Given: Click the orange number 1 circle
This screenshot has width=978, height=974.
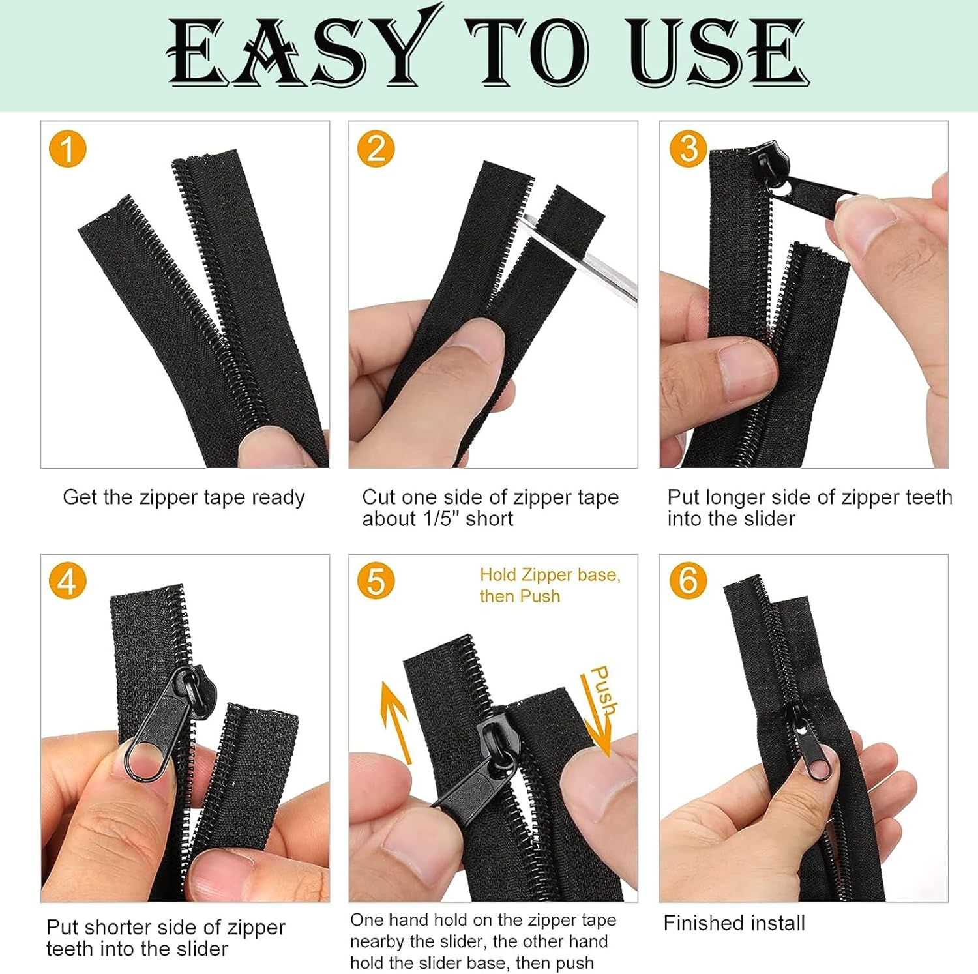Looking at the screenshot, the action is click(68, 149).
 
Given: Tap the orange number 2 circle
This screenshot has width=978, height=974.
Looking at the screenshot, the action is click(376, 149).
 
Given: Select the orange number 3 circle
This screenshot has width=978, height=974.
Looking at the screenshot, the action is click(689, 149).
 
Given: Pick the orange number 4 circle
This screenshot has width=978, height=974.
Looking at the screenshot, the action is click(68, 581).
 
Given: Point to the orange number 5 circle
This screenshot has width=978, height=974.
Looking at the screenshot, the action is click(376, 581).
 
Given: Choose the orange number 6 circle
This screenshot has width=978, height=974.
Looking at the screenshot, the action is click(689, 581).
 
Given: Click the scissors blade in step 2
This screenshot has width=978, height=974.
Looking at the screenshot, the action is click(580, 256).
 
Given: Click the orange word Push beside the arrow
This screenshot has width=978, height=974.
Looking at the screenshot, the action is click(603, 690).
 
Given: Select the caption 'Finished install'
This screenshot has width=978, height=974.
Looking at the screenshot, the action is click(734, 923).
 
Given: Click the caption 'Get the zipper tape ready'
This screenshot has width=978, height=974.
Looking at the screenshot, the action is click(184, 497).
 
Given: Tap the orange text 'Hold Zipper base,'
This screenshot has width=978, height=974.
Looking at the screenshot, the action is click(550, 575).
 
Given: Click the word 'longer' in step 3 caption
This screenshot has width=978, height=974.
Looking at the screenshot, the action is click(732, 498).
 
